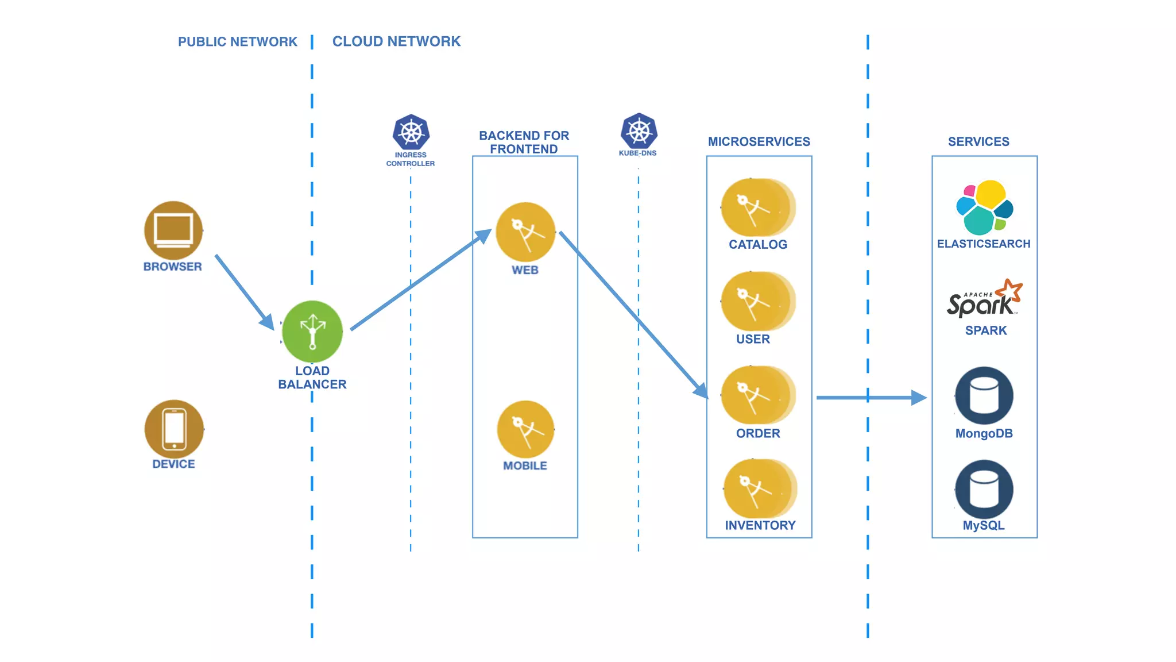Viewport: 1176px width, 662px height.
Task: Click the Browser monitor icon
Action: (173, 230)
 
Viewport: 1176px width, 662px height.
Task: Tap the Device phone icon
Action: (174, 429)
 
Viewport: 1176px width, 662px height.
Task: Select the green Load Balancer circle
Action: (312, 332)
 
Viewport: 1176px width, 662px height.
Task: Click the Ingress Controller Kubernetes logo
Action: (411, 132)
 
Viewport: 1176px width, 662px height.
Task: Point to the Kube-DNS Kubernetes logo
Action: (639, 131)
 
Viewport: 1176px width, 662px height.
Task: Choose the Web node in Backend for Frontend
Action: (525, 232)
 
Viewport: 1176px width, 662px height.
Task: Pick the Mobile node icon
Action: (525, 429)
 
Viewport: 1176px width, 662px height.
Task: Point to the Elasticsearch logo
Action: (984, 207)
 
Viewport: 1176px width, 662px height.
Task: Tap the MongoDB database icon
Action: (984, 396)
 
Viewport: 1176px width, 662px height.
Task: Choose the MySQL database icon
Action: (984, 489)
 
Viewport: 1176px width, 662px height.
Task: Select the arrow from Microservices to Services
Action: (870, 397)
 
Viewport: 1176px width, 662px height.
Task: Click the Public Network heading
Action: (237, 42)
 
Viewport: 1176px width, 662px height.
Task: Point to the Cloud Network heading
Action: (396, 41)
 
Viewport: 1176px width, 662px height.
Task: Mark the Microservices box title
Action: (759, 141)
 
